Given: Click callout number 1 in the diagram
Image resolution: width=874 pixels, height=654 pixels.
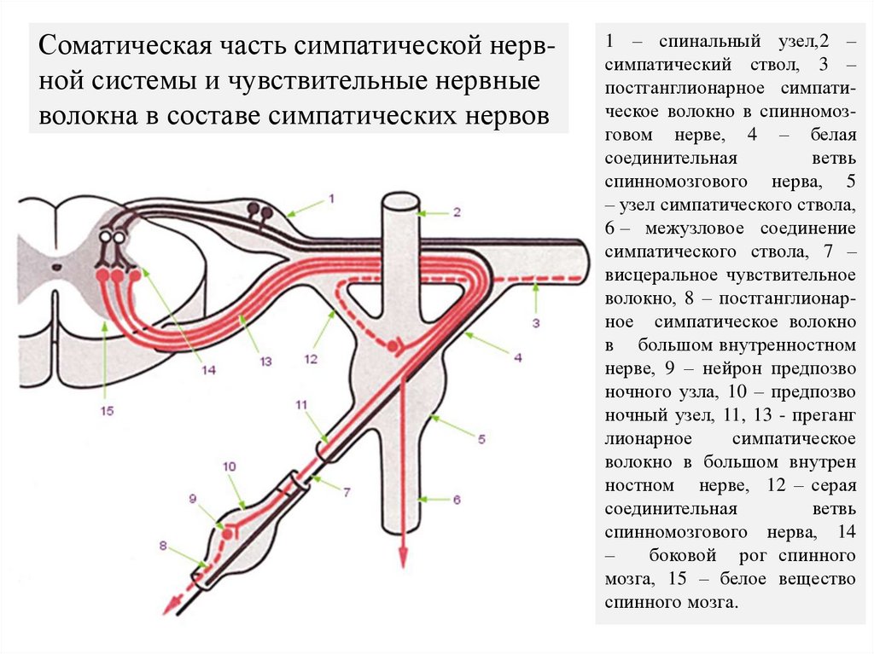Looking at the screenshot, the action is pyautogui.click(x=331, y=199).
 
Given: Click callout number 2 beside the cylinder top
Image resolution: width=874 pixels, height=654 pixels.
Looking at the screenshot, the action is pyautogui.click(x=457, y=212).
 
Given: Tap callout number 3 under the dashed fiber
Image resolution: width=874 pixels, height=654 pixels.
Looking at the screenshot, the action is pyautogui.click(x=535, y=323).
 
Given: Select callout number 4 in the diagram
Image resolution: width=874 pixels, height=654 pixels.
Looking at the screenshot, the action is pyautogui.click(x=518, y=358).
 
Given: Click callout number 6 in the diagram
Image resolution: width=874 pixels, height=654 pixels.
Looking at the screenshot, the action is pyautogui.click(x=457, y=500).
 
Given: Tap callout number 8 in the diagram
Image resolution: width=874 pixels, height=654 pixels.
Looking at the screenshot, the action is pyautogui.click(x=162, y=543).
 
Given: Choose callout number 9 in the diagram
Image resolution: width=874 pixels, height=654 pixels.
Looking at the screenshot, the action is pyautogui.click(x=192, y=499).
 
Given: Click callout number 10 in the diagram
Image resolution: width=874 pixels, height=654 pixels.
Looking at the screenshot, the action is pyautogui.click(x=229, y=466).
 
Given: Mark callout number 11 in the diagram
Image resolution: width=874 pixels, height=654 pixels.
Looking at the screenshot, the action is pyautogui.click(x=301, y=403).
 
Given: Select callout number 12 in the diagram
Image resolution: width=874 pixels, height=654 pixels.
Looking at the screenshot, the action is pyautogui.click(x=311, y=359).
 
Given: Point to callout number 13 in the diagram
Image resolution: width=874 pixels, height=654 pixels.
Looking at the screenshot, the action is pyautogui.click(x=265, y=361).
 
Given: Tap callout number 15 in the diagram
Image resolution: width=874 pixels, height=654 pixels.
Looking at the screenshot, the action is pyautogui.click(x=106, y=410).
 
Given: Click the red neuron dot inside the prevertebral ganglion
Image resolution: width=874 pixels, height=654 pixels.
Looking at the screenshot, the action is pyautogui.click(x=228, y=533).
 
